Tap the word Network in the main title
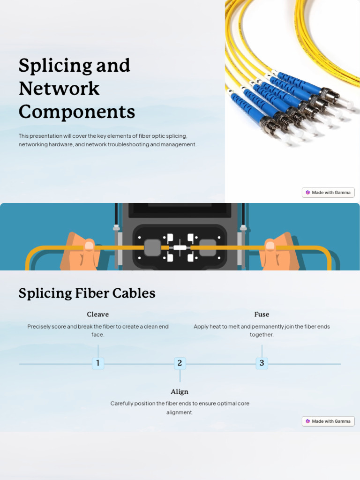point(59,89)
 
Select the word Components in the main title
point(76,112)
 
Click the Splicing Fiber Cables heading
point(87,293)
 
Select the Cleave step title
point(97,315)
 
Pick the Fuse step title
point(262,315)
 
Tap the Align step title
point(180,392)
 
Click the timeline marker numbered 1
point(98,363)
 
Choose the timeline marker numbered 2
point(180,363)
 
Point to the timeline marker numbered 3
point(262,363)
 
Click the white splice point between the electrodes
point(180,247)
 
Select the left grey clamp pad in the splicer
point(152,247)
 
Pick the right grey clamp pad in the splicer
point(208,247)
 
